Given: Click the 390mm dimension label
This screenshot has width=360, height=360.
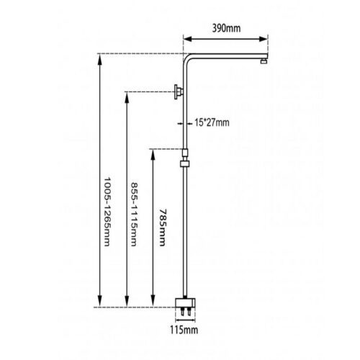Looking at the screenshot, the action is [226, 28].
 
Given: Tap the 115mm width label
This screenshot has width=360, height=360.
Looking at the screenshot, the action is [184, 330].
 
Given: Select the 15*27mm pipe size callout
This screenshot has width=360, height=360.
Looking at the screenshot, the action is [212, 122].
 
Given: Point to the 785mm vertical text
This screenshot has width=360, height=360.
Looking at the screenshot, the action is [163, 228].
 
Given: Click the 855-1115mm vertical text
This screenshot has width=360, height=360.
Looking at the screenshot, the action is [134, 215].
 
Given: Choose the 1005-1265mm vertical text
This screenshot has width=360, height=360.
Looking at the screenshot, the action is [107, 212].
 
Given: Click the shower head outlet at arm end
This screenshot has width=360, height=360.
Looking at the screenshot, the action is [264, 61].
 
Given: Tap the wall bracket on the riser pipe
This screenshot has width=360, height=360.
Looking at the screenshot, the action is [179, 91].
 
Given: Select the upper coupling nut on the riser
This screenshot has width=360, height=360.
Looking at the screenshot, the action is [185, 153].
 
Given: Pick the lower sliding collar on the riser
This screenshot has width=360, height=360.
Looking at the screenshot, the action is [185, 163].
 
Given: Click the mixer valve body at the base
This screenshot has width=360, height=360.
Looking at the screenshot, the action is [185, 303].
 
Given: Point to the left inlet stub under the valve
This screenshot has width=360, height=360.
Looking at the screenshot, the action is [183, 312].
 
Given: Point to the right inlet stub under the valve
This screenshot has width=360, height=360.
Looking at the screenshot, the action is [189, 312].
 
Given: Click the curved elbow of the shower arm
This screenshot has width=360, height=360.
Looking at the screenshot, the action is [186, 56].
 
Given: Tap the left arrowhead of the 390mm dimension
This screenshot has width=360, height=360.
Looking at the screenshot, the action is [188, 39].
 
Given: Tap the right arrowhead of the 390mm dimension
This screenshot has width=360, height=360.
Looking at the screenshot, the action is [264, 39].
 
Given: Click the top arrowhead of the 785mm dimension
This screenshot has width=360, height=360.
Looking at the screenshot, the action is [153, 154].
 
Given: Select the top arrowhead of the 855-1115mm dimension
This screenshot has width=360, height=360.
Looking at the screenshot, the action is [127, 97].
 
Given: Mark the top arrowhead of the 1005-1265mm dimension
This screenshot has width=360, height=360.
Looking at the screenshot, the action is [100, 59].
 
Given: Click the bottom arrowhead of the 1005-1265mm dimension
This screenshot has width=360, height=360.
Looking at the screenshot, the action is [100, 302].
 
